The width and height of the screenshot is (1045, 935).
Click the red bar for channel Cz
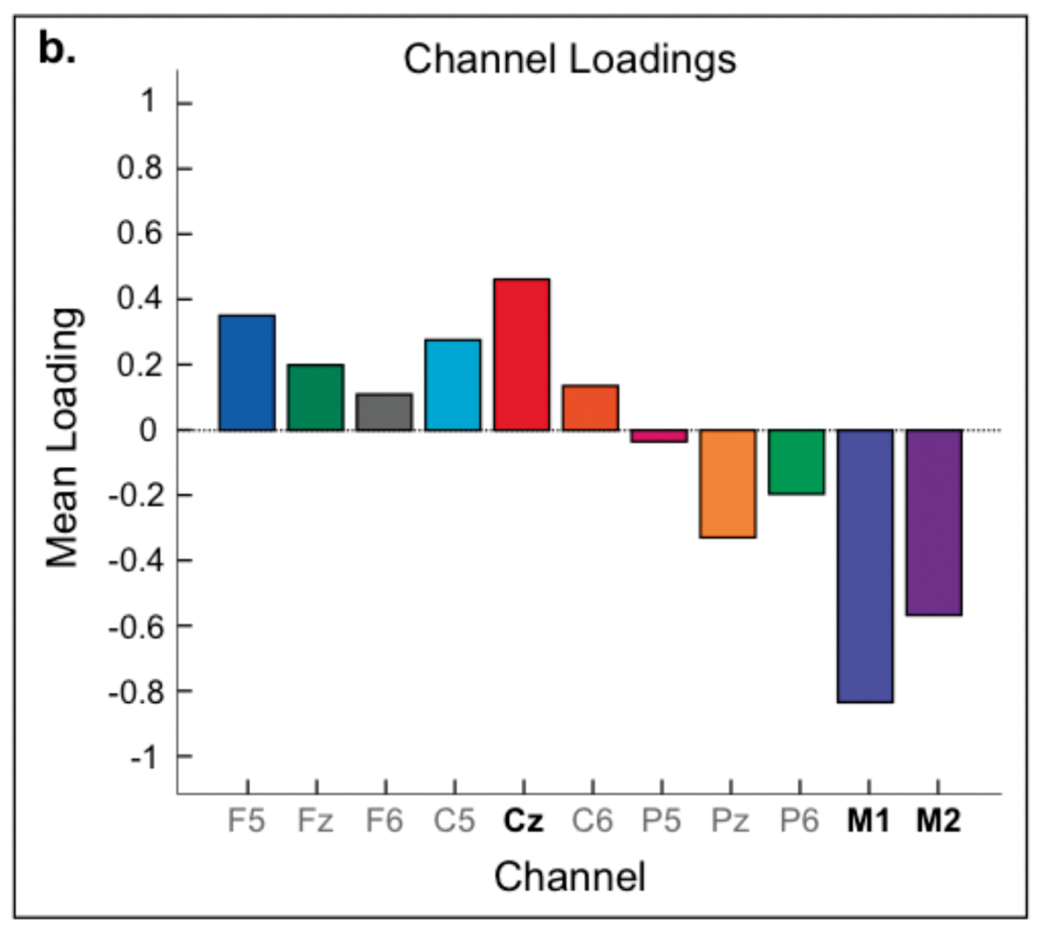point(522,355)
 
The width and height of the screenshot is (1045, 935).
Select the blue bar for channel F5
point(247,373)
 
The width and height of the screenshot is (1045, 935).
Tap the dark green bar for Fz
point(316,397)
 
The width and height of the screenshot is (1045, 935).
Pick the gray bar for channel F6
point(384,412)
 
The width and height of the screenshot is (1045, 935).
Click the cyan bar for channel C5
point(453,385)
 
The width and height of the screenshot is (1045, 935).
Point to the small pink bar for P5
point(659,436)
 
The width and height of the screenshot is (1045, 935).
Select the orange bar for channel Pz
point(728,483)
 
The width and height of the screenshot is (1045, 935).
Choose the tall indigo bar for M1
point(865,566)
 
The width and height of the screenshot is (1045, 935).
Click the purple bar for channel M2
point(934,523)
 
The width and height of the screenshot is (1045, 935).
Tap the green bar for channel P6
point(796,462)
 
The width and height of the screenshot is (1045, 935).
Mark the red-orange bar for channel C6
point(590,408)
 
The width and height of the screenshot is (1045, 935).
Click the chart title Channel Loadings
point(570,60)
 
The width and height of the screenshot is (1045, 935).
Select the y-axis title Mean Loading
point(63,438)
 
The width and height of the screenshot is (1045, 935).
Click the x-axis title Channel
point(570,876)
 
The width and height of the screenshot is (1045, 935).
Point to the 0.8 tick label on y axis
point(140,168)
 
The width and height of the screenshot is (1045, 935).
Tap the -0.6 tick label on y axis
point(135,626)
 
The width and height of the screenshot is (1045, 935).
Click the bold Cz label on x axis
point(523,821)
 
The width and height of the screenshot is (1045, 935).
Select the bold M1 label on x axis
point(868,821)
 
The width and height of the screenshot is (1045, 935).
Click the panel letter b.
point(56,50)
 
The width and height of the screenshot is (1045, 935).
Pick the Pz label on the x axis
point(730,821)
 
